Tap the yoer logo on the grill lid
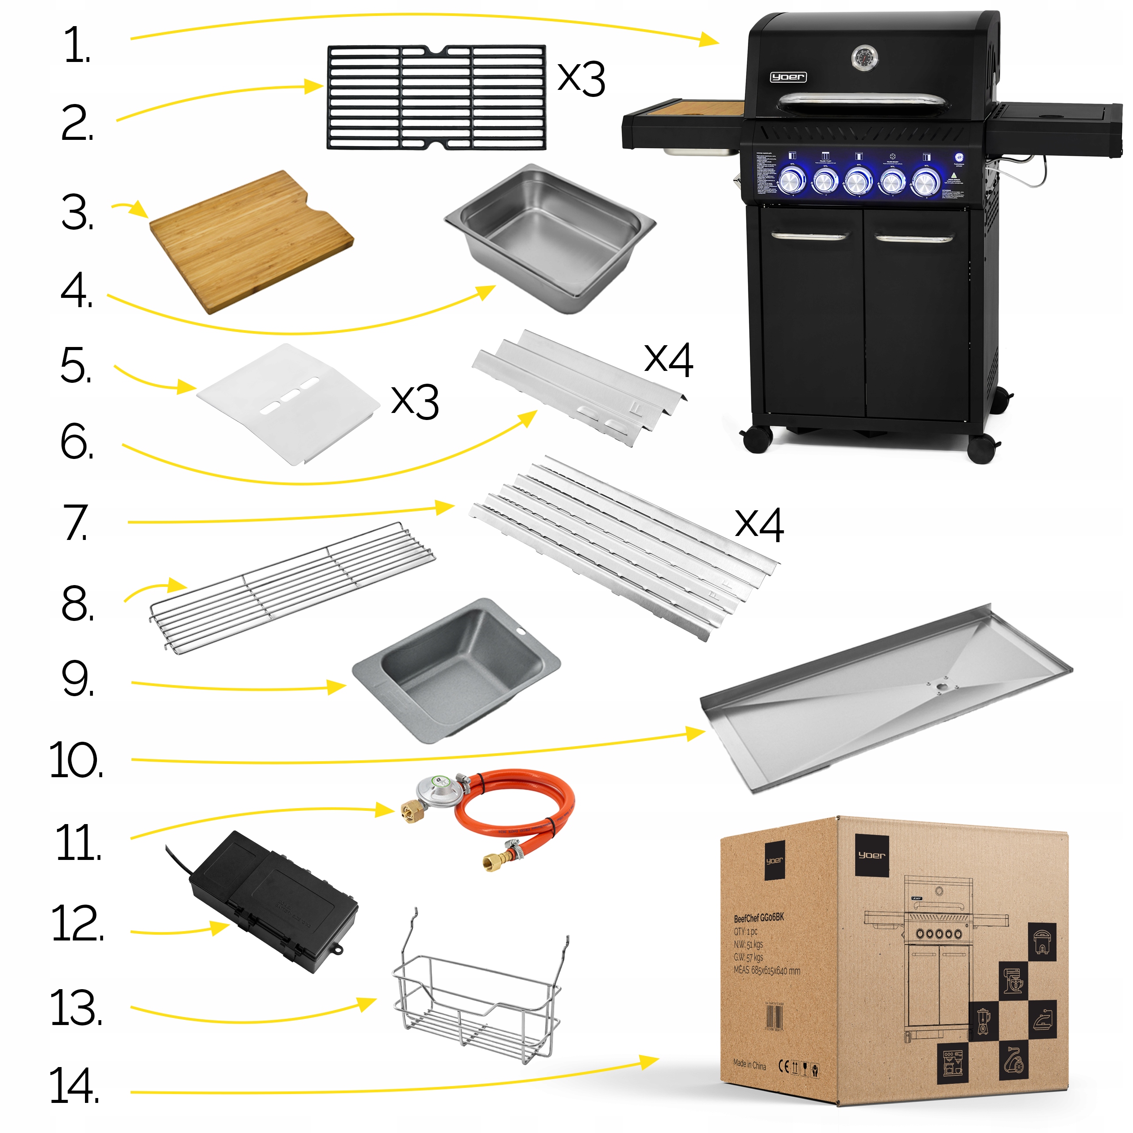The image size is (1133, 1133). pos(788,77)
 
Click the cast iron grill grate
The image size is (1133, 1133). pos(436,97)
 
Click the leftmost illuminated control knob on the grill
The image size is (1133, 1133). pos(792,180)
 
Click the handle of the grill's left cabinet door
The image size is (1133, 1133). pos(809,236)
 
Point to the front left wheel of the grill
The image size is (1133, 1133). pos(757,439)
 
